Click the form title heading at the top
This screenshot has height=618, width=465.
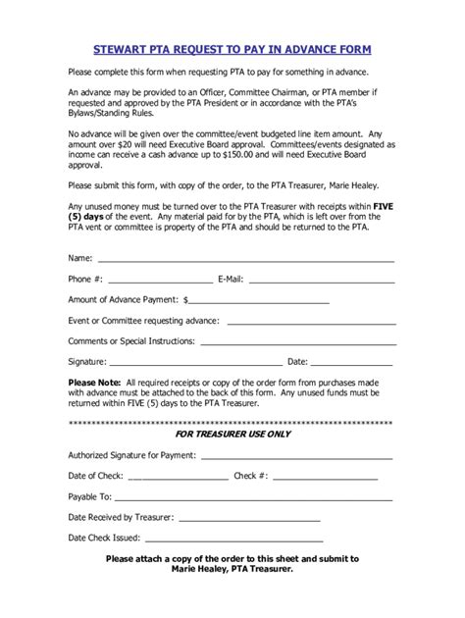(x=232, y=48)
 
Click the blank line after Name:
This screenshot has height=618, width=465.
(x=245, y=261)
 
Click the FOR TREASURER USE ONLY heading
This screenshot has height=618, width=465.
(x=232, y=433)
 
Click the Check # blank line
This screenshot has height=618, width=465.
(x=324, y=478)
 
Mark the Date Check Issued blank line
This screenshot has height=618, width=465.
(x=232, y=540)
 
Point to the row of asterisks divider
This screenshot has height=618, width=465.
(x=232, y=422)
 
